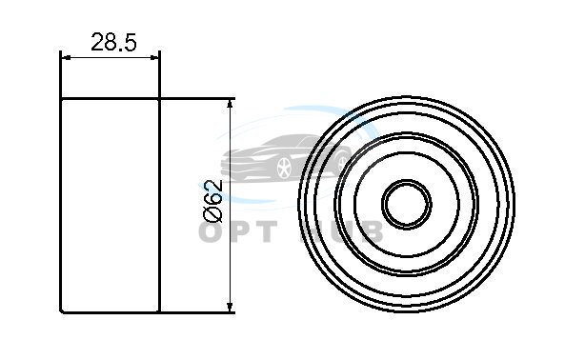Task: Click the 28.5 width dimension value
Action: [113, 42]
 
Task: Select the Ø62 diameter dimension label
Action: [213, 201]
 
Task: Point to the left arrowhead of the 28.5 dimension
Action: [66, 57]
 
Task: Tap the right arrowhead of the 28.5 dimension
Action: [154, 57]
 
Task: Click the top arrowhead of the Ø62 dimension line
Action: [230, 105]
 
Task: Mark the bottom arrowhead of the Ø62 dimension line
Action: [230, 307]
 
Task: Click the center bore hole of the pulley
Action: [407, 205]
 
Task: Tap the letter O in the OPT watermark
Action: [211, 231]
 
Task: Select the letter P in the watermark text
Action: [239, 231]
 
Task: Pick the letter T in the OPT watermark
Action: [266, 231]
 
